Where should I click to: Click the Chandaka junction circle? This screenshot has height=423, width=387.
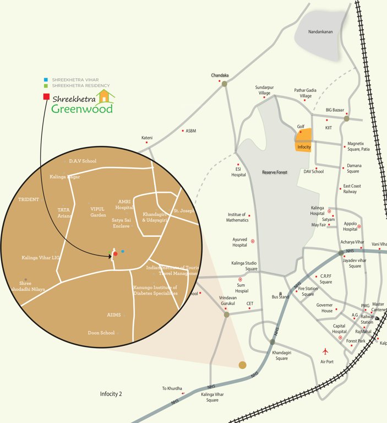tap(224, 83)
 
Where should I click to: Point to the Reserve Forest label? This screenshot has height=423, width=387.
tap(276, 173)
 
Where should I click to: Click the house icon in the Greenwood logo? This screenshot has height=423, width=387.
tap(105, 97)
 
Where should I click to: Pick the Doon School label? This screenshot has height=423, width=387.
tap(101, 333)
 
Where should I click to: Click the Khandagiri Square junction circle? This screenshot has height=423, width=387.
tap(272, 342)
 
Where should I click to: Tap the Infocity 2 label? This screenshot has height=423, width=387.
tap(111, 394)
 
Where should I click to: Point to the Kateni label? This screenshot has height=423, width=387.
tap(146, 138)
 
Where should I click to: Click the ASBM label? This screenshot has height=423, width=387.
tap(190, 131)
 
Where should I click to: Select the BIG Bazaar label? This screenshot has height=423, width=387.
tap(337, 110)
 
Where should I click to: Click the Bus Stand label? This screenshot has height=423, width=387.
tap(280, 297)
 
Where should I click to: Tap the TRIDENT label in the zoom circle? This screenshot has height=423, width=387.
tap(29, 199)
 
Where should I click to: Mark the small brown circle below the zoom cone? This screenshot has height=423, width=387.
tap(242, 365)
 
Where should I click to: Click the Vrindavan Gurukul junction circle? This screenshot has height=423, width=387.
tap(226, 314)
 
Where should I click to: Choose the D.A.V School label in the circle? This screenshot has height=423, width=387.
tap(83, 161)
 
